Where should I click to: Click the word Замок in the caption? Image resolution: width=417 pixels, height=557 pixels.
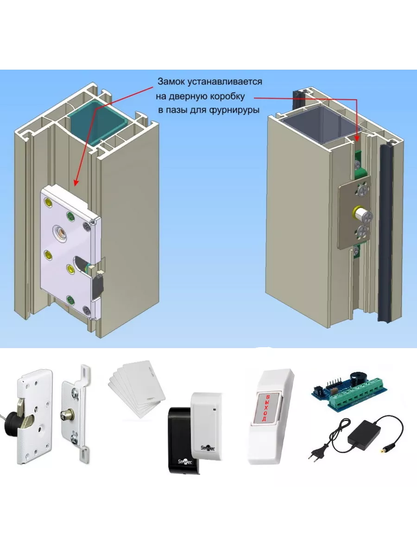[172, 82]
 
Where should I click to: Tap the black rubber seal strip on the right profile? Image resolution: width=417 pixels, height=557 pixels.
[386, 232]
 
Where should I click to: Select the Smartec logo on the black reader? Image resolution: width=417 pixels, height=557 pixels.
[185, 462]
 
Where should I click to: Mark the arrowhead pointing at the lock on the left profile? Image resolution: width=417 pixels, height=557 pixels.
[75, 183]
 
